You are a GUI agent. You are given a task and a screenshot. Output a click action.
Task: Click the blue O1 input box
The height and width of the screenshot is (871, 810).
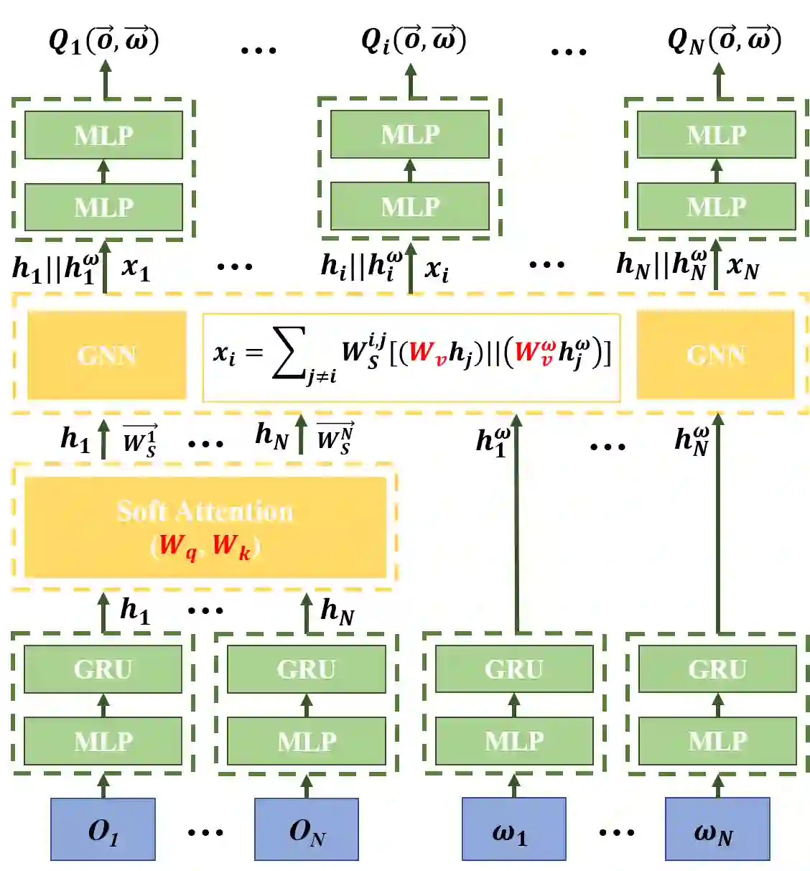(x=103, y=829)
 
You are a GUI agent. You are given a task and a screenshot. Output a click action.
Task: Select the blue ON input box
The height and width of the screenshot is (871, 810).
(x=307, y=829)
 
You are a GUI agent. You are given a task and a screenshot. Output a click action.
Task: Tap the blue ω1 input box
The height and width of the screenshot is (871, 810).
(x=513, y=829)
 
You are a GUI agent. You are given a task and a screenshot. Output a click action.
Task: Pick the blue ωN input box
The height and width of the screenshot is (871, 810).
(x=717, y=829)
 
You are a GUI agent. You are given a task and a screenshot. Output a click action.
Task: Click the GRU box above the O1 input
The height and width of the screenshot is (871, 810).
(x=103, y=669)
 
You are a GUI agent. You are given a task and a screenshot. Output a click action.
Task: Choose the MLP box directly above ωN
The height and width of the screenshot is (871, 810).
(x=717, y=740)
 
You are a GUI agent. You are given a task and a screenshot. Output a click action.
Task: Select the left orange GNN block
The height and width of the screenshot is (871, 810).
(x=106, y=355)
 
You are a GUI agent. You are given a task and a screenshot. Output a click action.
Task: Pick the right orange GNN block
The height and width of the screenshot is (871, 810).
(x=715, y=355)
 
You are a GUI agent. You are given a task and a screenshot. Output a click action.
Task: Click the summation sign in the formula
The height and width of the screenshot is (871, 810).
(x=289, y=353)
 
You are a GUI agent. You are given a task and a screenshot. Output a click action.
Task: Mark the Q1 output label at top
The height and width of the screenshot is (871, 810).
(x=103, y=40)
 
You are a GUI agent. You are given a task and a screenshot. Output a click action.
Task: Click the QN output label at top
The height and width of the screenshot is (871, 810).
(x=723, y=40)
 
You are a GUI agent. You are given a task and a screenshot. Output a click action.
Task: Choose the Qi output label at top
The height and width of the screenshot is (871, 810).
(x=413, y=40)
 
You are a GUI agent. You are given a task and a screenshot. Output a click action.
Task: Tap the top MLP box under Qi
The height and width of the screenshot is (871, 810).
(x=409, y=134)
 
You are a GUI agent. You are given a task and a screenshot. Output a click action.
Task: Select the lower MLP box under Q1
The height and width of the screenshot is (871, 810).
(x=103, y=207)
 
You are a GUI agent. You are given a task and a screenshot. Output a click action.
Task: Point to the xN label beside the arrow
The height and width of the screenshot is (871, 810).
(x=742, y=267)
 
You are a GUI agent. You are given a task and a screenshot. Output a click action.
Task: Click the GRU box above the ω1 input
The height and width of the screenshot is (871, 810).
(x=513, y=669)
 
